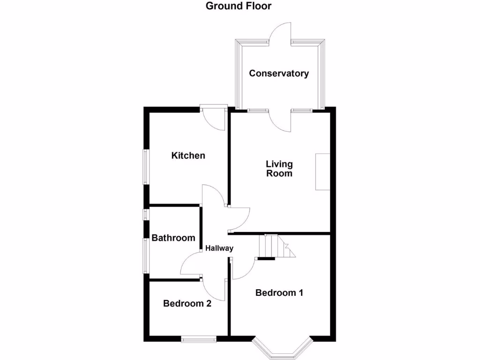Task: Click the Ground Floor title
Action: tap(239, 6)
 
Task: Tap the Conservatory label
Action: tap(279, 74)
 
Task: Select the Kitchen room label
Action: tap(188, 156)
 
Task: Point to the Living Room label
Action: tap(279, 169)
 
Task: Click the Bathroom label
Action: tap(173, 238)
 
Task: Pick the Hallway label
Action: tap(219, 248)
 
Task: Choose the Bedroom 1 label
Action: tap(279, 293)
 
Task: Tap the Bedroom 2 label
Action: tap(187, 304)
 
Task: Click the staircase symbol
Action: tap(277, 247)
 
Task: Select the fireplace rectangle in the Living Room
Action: tap(322, 172)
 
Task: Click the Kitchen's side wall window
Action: tap(146, 167)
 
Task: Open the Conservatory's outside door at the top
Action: tap(280, 33)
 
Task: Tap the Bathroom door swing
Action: tap(191, 264)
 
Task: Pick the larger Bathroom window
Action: tap(146, 256)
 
